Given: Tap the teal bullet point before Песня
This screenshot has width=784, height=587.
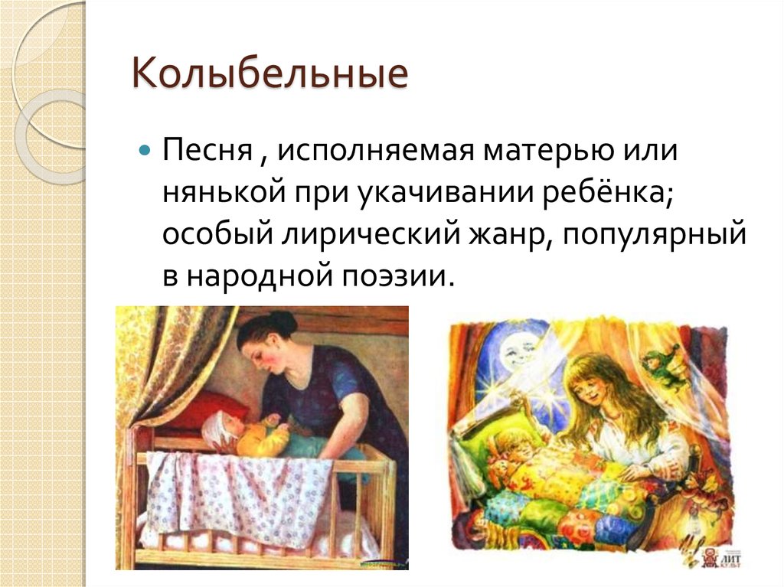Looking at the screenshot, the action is pyautogui.click(x=145, y=149).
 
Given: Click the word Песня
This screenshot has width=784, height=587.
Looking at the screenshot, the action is pyautogui.click(x=207, y=150).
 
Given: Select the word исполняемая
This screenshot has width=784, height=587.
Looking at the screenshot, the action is pyautogui.click(x=375, y=150).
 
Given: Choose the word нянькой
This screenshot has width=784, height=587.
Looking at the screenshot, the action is pyautogui.click(x=224, y=191).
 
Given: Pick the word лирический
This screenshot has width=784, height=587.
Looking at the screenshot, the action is pyautogui.click(x=370, y=233).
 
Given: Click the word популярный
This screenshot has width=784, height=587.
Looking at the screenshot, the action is pyautogui.click(x=655, y=235).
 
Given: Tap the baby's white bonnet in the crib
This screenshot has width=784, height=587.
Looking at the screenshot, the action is pyautogui.click(x=218, y=428).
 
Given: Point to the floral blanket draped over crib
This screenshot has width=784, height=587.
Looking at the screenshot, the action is pyautogui.click(x=240, y=493).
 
